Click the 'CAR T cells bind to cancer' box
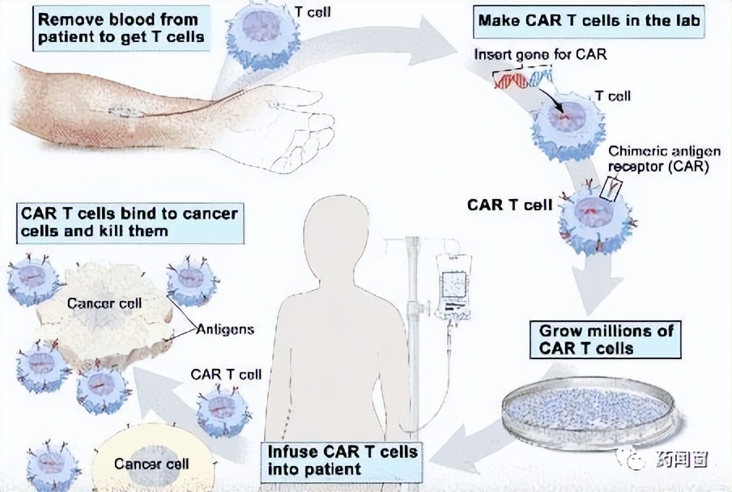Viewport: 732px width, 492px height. [x=130, y=223]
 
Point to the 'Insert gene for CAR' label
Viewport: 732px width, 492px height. [x=540, y=54]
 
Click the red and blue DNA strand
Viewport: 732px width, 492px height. [x=523, y=79]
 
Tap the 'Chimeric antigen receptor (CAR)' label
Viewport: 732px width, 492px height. [x=658, y=160]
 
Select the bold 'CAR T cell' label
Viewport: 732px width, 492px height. [x=509, y=204]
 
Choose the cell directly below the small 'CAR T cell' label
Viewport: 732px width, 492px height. [x=223, y=409]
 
